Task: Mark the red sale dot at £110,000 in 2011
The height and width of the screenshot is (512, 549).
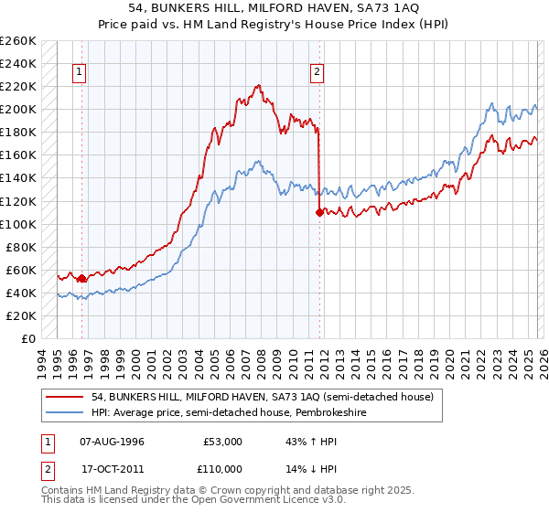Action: tap(318, 212)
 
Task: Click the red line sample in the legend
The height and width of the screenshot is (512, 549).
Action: tap(66, 396)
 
